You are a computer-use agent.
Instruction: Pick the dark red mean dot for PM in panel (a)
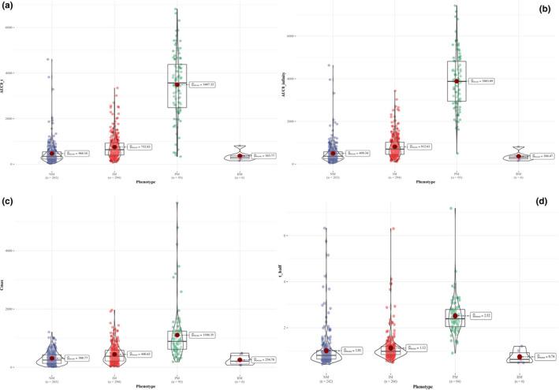tap(177, 84)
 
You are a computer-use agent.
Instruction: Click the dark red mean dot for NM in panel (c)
tap(52, 358)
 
